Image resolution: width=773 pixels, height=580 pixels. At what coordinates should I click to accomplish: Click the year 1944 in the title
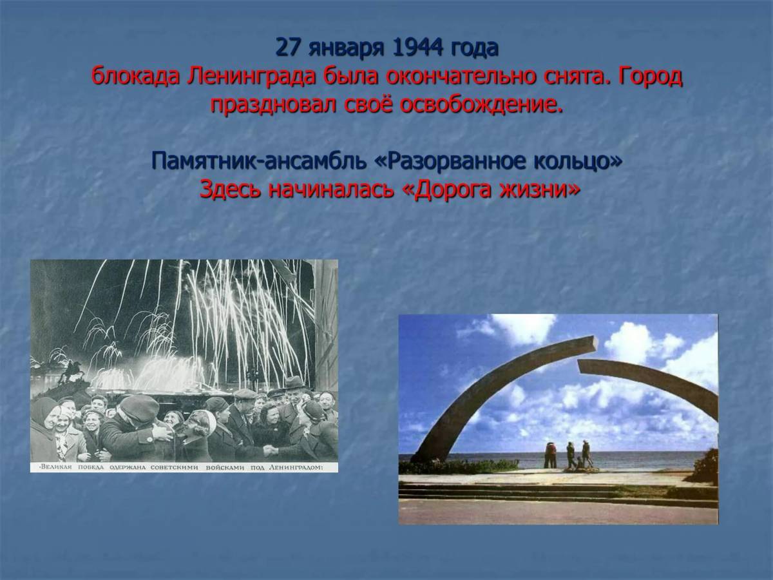tap(417, 48)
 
